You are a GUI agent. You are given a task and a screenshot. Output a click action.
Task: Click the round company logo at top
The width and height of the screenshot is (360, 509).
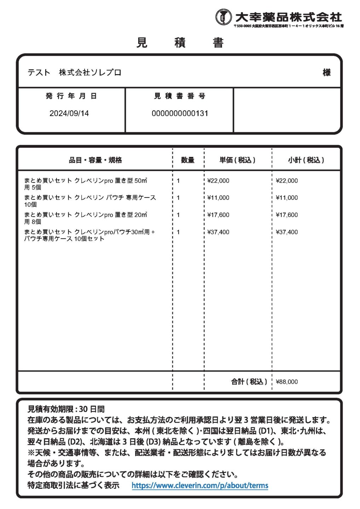pos(223,17)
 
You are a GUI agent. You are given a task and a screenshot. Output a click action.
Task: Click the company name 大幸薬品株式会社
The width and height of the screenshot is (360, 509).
pos(289,17)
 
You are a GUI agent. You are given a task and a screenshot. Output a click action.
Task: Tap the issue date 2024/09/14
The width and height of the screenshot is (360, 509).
pos(69,113)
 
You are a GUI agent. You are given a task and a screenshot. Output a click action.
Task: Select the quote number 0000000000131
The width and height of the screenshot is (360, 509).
pos(180,113)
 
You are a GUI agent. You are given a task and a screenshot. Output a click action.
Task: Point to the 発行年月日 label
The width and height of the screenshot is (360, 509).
pos(71,96)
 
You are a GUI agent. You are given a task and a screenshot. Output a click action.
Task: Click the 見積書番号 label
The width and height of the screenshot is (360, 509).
pos(180,96)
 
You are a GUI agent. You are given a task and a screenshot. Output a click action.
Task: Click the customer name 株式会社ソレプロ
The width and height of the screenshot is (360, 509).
pos(90,72)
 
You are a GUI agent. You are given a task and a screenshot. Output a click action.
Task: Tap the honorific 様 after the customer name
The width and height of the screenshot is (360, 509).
pos(326,72)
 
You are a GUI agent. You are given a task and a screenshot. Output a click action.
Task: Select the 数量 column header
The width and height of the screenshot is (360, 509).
pos(187,160)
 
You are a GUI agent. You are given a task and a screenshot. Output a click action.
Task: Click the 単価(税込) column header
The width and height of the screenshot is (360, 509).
pos(237,160)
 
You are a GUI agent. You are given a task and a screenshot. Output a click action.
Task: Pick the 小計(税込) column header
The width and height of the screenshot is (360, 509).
pos(306,160)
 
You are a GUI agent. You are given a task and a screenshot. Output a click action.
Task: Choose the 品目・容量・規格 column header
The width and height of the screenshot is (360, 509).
pos(95,160)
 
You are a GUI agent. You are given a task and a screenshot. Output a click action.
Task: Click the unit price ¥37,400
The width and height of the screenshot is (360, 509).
pos(218,232)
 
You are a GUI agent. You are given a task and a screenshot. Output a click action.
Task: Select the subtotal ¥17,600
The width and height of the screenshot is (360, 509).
pos(287,215)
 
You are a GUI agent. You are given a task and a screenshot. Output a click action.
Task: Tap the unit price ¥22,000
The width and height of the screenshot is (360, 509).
pos(218,181)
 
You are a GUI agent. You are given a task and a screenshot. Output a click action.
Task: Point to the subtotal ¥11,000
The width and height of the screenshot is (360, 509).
pos(287,198)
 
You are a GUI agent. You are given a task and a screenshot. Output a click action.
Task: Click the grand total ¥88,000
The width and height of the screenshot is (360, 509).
pos(287,382)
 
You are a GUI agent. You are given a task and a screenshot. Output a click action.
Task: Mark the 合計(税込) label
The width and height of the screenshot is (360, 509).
pos(249,382)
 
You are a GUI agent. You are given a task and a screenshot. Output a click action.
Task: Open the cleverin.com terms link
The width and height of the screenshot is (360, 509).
pos(200,486)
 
